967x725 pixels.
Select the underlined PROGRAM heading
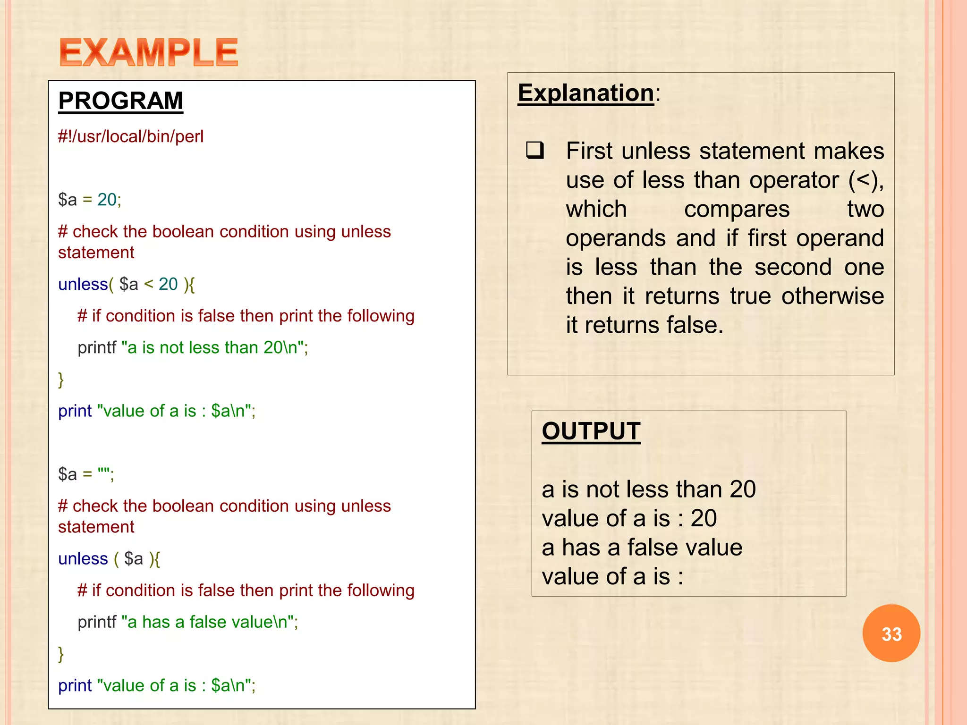point(120,101)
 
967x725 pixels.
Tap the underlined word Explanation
point(585,93)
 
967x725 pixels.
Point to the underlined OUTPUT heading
point(591,431)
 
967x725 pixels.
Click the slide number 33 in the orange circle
point(891,634)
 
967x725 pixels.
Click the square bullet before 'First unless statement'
point(535,151)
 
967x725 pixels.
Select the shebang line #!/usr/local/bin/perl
point(131,136)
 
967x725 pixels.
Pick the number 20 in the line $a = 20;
point(107,200)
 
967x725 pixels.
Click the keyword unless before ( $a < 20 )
point(83,284)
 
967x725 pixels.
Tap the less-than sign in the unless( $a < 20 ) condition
point(149,284)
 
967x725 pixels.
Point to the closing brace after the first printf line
point(61,379)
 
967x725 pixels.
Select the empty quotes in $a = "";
point(103,473)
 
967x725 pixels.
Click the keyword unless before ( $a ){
point(83,558)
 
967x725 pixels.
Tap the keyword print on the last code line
point(75,685)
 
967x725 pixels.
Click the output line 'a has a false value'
point(642,548)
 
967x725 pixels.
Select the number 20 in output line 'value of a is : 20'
point(704,518)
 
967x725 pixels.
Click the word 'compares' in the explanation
point(737,209)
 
